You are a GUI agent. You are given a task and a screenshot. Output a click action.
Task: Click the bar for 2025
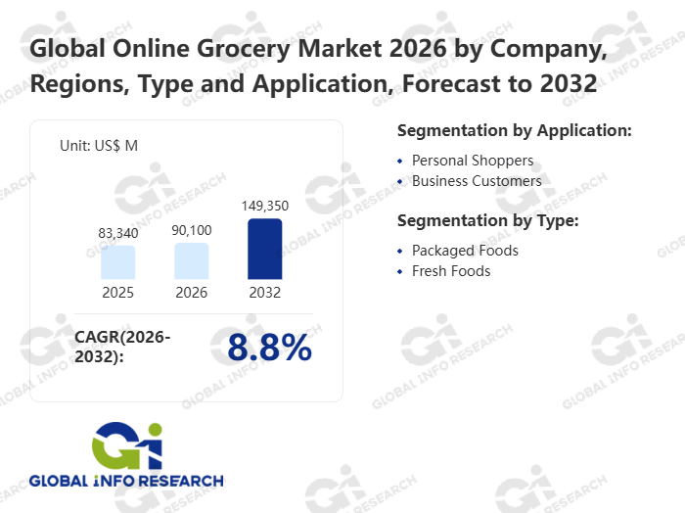pyautogui.click(x=117, y=261)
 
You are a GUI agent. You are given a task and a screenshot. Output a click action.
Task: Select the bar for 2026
pyautogui.click(x=192, y=260)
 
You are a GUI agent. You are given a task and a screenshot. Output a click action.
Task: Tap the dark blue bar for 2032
pyautogui.click(x=264, y=249)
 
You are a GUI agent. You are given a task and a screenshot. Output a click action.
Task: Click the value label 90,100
pyautogui.click(x=192, y=230)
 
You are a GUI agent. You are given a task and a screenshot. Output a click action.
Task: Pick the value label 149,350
pyautogui.click(x=265, y=206)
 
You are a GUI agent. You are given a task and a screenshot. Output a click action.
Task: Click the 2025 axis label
pyautogui.click(x=117, y=293)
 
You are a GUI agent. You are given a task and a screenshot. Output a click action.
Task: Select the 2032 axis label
pyautogui.click(x=264, y=293)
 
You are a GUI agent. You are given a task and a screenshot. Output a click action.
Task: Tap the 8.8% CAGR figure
pyautogui.click(x=269, y=348)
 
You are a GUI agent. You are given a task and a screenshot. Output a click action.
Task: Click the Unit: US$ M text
pyautogui.click(x=99, y=146)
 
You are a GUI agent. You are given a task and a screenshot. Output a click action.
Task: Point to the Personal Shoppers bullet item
pyautogui.click(x=472, y=160)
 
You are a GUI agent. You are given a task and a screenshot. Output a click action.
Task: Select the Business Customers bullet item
pyautogui.click(x=476, y=181)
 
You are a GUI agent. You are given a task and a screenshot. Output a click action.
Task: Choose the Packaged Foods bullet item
pyautogui.click(x=465, y=251)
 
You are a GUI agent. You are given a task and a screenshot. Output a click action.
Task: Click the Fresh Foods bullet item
pyautogui.click(x=451, y=271)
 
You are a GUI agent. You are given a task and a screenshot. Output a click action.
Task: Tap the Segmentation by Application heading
pyautogui.click(x=514, y=130)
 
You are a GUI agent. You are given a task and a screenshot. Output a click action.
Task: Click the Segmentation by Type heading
pyautogui.click(x=488, y=221)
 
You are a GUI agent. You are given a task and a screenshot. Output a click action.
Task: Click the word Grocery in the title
pyautogui.click(x=246, y=47)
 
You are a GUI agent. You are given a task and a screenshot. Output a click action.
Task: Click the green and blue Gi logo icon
pyautogui.click(x=127, y=446)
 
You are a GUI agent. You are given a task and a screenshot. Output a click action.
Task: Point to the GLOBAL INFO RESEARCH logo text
pyautogui.click(x=126, y=481)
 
